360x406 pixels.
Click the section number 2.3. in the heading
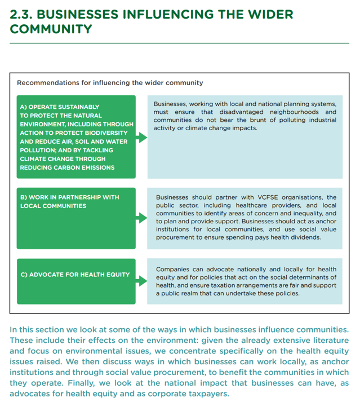(x=25, y=14)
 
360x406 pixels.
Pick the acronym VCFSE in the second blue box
(x=265, y=197)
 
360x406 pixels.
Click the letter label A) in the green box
(x=24, y=107)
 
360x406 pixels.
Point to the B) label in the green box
(x=24, y=197)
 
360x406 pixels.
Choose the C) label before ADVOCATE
(x=24, y=275)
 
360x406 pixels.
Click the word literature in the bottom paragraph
(x=325, y=340)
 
